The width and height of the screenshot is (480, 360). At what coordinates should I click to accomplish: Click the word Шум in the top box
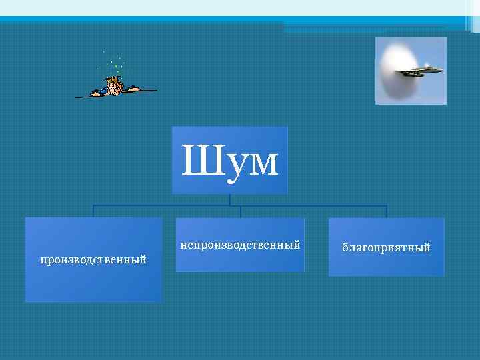(x=229, y=162)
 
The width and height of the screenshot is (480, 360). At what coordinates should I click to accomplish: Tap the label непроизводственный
(x=240, y=245)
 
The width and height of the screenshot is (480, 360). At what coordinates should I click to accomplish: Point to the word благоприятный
(x=386, y=248)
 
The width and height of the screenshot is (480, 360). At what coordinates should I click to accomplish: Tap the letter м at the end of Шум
(x=263, y=165)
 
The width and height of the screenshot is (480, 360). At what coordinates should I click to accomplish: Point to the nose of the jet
(x=441, y=68)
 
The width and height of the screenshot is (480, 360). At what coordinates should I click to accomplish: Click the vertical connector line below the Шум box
(x=230, y=199)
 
